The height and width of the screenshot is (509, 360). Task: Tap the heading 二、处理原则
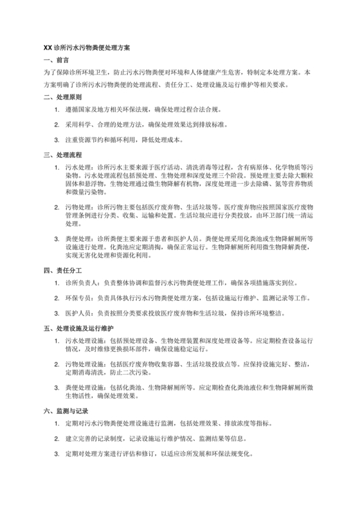point(62,98)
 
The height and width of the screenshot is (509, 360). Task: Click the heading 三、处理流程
point(62,155)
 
